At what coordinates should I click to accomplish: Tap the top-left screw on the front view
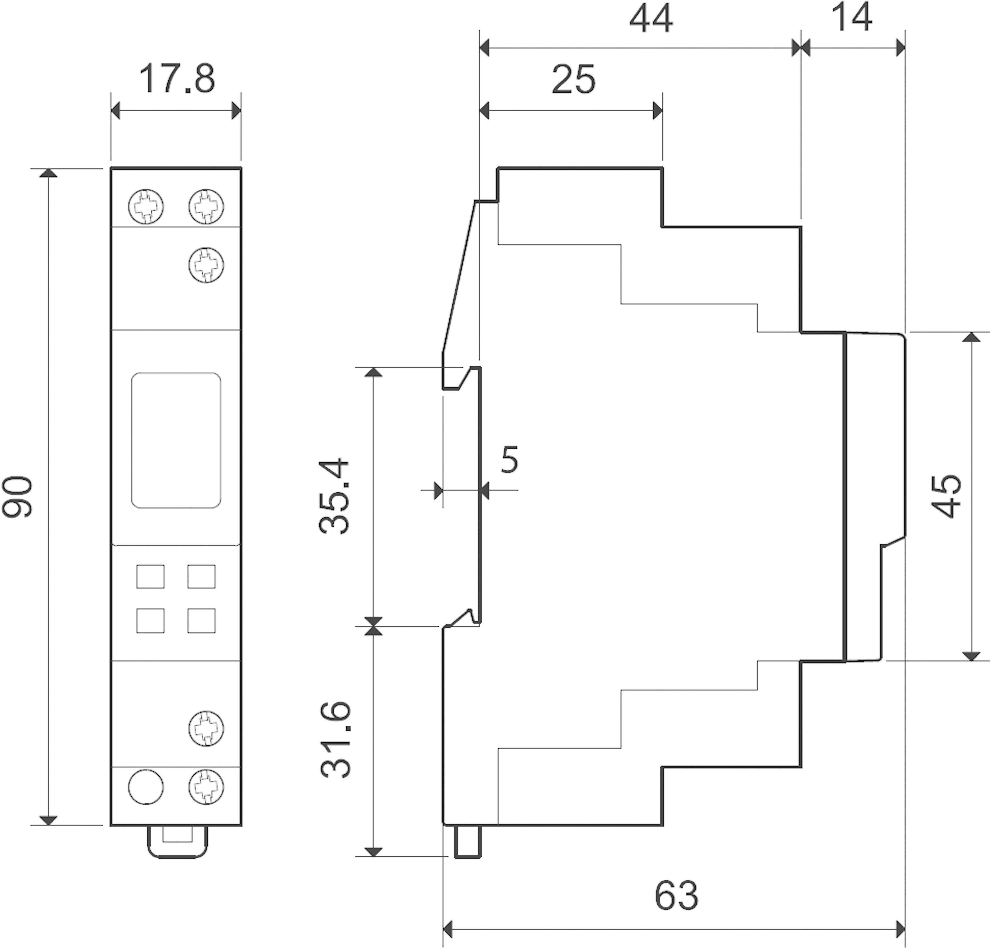(146, 206)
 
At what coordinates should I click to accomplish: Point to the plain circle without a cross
(146, 787)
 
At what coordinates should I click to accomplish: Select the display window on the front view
(176, 440)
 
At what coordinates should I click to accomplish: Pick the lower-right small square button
(201, 621)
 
